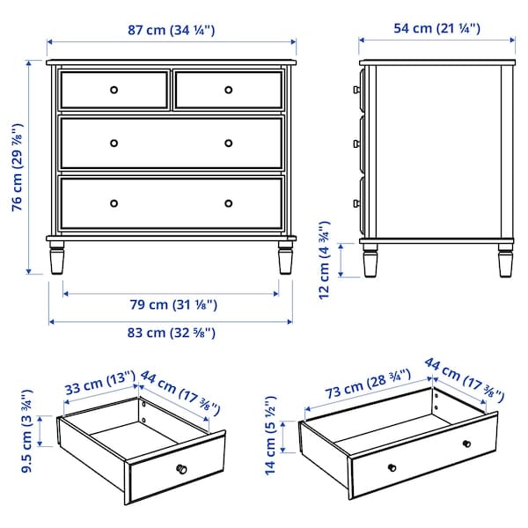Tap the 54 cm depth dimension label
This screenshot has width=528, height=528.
[436, 29]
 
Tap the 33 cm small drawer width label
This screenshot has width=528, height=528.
[97, 385]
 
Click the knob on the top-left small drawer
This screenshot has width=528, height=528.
[114, 90]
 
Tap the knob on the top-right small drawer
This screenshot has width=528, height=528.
[228, 90]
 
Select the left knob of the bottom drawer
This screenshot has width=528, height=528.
[114, 203]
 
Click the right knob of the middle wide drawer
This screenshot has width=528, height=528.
[228, 143]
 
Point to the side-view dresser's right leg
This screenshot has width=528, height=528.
[505, 259]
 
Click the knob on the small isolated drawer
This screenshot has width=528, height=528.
[181, 468]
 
